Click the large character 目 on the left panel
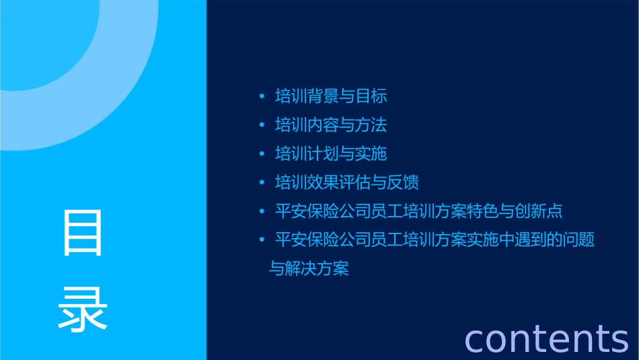tap(83, 233)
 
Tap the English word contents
tap(546, 338)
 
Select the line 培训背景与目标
tap(331, 96)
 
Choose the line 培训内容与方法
tap(331, 125)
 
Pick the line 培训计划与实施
tap(331, 154)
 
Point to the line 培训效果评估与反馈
tap(347, 183)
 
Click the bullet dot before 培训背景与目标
tap(262, 97)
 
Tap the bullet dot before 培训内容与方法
tap(262, 126)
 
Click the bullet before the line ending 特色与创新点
tap(262, 212)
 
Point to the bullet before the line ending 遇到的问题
tap(262, 240)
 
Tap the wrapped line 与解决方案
tap(309, 269)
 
